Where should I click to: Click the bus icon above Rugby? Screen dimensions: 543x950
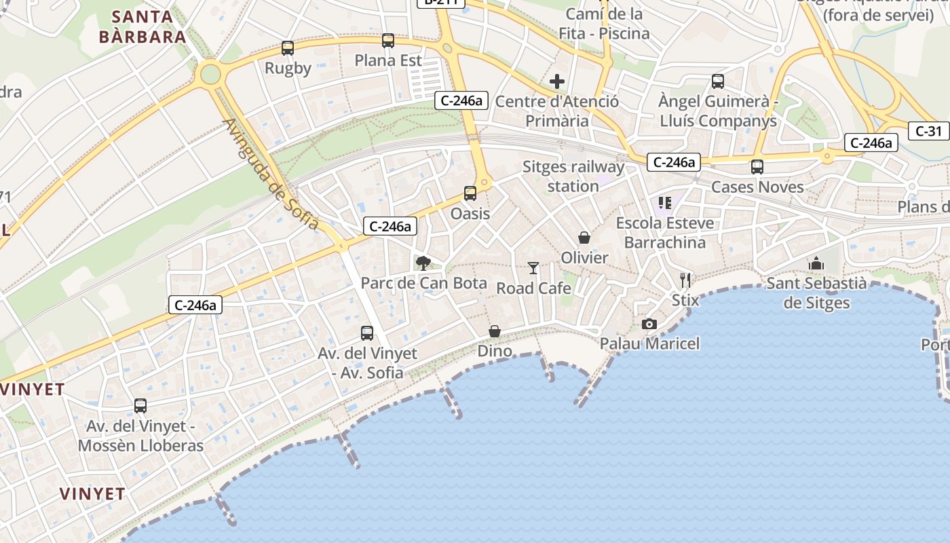point(288,48)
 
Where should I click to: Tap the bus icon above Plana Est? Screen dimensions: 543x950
point(388,41)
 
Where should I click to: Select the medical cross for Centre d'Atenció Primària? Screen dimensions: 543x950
point(557,82)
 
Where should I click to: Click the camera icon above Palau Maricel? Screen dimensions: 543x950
point(649,324)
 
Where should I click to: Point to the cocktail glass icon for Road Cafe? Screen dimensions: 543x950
point(533,268)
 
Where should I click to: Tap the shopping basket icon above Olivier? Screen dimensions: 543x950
point(584,238)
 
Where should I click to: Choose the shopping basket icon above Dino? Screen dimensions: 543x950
point(495,331)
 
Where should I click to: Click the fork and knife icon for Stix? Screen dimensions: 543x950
point(685,280)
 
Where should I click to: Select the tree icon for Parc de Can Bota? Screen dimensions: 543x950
point(423,263)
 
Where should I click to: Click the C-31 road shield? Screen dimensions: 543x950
point(928,131)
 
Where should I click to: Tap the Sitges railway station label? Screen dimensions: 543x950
point(573,176)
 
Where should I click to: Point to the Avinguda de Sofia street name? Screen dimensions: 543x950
point(271,174)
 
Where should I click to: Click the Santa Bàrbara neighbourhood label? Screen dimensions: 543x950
point(142,26)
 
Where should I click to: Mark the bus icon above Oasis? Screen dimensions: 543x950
point(470,193)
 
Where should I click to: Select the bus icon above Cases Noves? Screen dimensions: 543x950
point(757,167)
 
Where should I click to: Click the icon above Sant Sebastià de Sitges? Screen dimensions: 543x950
point(816,263)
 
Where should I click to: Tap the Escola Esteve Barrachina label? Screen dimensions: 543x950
point(665,233)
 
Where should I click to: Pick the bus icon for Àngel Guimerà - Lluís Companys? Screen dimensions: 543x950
point(718,81)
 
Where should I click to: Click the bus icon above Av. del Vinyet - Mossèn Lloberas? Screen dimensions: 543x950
point(140,406)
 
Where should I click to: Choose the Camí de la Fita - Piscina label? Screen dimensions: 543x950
point(604,23)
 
